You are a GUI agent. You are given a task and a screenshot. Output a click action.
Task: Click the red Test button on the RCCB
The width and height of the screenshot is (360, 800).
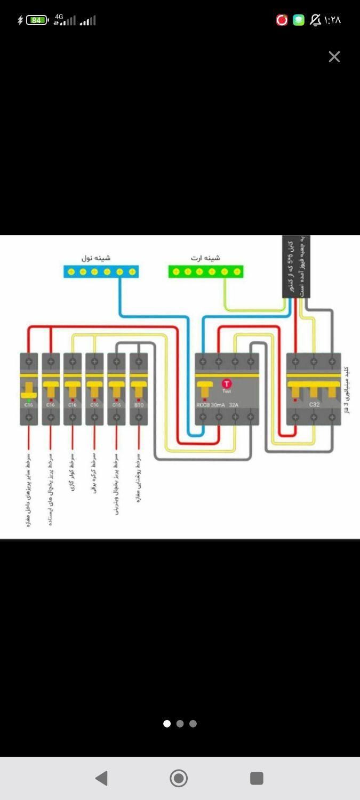click(227, 384)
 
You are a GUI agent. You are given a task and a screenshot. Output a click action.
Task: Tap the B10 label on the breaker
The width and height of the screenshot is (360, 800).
click(139, 405)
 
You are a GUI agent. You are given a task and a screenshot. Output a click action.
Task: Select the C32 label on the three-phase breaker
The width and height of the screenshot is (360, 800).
click(314, 405)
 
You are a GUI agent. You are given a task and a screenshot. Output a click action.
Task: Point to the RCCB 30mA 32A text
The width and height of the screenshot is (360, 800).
click(218, 405)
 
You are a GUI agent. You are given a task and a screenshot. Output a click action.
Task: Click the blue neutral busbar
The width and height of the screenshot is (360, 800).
click(101, 271)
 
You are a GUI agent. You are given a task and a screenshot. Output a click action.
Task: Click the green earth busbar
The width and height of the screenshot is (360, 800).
click(206, 271)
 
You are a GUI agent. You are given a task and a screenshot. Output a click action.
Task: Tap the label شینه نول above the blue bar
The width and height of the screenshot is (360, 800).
click(96, 258)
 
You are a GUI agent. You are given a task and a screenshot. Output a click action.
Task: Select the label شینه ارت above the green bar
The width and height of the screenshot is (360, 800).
click(205, 258)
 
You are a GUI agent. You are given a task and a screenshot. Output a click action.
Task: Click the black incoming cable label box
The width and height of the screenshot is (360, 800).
click(296, 267)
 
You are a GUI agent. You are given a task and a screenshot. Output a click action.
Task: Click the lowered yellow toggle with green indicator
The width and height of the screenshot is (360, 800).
click(28, 395)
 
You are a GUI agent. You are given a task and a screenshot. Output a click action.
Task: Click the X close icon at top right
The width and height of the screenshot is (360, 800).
click(334, 57)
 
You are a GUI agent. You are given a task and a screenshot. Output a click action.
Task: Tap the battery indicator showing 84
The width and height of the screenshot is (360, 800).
click(37, 20)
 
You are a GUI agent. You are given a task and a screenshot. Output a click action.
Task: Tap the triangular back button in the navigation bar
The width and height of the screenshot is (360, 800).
click(101, 778)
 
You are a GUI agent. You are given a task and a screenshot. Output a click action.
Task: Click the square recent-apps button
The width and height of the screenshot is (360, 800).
click(257, 778)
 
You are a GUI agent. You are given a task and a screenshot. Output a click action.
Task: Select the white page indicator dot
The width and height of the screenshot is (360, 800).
click(167, 724)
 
